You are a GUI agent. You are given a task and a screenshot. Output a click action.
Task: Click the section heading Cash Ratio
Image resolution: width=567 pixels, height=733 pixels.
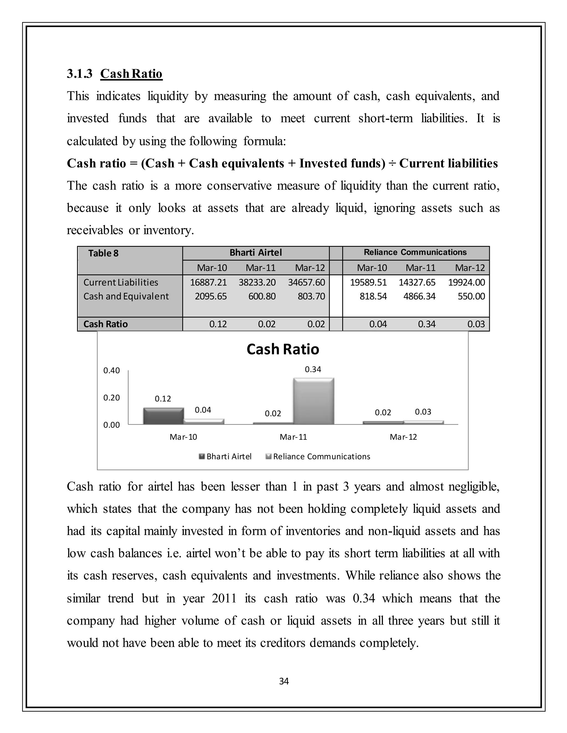tap(131, 74)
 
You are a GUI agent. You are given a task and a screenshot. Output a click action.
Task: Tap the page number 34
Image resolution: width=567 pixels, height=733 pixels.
tap(284, 681)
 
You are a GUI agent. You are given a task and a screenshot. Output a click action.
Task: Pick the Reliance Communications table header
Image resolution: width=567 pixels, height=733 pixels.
tap(415, 252)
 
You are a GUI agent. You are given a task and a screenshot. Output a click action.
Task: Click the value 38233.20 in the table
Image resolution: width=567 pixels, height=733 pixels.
tap(257, 282)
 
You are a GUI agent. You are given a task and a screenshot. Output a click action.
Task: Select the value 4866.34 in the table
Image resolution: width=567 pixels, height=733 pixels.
tap(419, 296)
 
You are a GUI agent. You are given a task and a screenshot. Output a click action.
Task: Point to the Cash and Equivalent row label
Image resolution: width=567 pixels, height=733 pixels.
tap(126, 296)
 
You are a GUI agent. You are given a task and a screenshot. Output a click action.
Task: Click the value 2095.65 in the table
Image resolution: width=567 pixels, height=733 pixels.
tap(211, 296)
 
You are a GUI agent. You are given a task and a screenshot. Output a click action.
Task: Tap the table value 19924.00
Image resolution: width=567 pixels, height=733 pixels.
tap(466, 282)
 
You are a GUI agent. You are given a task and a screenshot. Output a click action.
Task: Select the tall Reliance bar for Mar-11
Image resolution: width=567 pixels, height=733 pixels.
tap(313, 401)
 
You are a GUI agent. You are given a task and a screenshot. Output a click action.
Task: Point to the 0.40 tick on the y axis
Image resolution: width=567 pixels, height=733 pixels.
tap(112, 371)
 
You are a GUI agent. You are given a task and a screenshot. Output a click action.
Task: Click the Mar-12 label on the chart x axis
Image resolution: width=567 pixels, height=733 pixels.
tap(403, 437)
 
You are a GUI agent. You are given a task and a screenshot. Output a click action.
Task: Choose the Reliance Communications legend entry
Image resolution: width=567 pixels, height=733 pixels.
tap(321, 456)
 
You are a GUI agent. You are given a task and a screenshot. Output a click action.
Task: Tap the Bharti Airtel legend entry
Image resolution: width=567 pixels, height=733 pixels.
tap(228, 456)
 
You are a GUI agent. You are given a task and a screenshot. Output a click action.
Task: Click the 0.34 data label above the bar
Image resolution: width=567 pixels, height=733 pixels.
tap(313, 370)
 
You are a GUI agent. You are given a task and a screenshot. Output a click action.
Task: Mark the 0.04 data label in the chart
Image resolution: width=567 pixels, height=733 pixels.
tap(203, 410)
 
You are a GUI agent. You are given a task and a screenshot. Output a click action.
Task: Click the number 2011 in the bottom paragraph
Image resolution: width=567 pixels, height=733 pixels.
tap(224, 598)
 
